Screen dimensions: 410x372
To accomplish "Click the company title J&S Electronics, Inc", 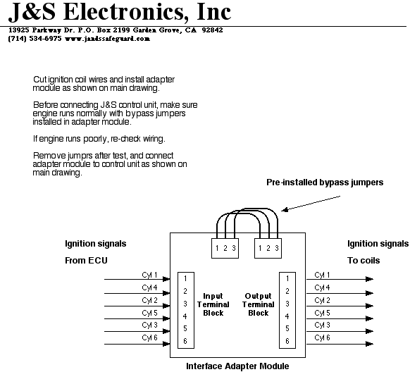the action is point(120,12).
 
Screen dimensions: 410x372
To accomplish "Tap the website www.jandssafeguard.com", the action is point(107,39).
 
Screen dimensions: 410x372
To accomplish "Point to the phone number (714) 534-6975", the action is point(35,39).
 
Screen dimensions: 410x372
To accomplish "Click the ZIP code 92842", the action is point(212,30).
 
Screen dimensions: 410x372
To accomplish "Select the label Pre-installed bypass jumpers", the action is point(325,182).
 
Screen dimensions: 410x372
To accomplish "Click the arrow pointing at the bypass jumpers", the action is point(311,204).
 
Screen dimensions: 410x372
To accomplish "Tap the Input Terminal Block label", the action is point(213,304).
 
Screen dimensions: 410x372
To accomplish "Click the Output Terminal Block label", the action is point(258,304).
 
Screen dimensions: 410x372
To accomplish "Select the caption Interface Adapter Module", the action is point(237,366).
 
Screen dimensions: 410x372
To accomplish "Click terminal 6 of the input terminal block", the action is point(185,341).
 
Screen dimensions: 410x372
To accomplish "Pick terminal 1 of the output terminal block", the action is point(287,279).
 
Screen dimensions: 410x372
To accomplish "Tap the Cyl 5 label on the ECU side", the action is point(149,313).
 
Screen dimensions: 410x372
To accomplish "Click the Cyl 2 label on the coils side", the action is point(322,300).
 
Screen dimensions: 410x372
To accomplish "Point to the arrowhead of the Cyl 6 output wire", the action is point(369,344).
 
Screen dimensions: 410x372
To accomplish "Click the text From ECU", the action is point(86,261).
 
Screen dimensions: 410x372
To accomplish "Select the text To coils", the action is point(364,261).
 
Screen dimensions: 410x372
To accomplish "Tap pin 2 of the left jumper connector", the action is point(225,248).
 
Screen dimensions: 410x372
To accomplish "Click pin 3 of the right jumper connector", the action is point(277,248).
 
